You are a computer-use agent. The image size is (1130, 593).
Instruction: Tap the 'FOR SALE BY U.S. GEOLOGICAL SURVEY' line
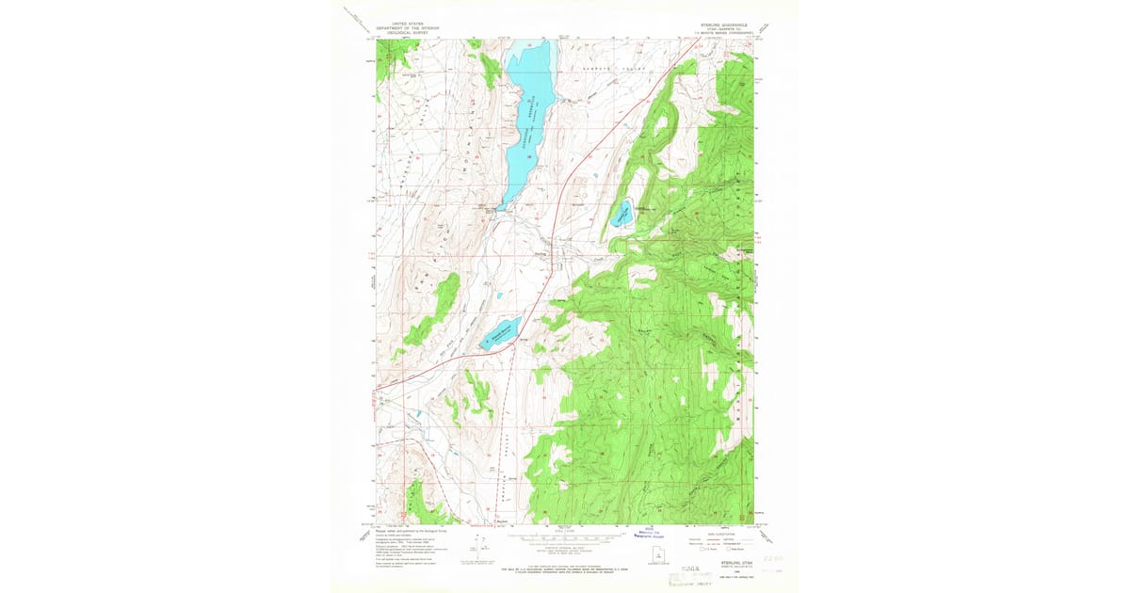[565, 569]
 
